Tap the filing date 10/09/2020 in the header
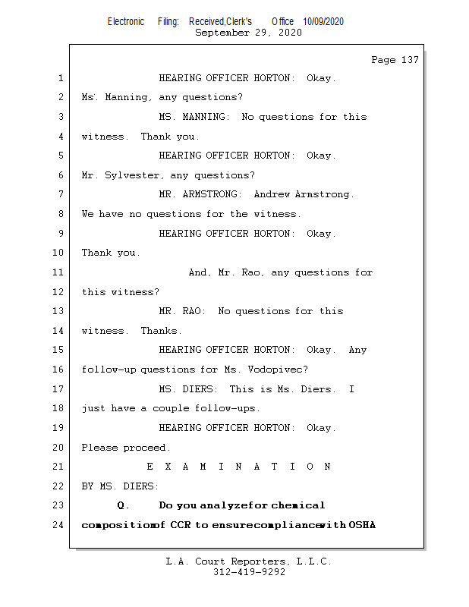[323, 22]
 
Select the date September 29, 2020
[248, 33]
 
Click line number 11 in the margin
[58, 272]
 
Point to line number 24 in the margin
[58, 525]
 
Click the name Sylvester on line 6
[134, 175]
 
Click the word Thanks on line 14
[161, 331]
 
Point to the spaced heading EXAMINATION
[238, 467]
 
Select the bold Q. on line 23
[124, 505]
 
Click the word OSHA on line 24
[362, 525]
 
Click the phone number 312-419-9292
[249, 572]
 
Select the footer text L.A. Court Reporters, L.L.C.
[249, 561]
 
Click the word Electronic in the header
[126, 22]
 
